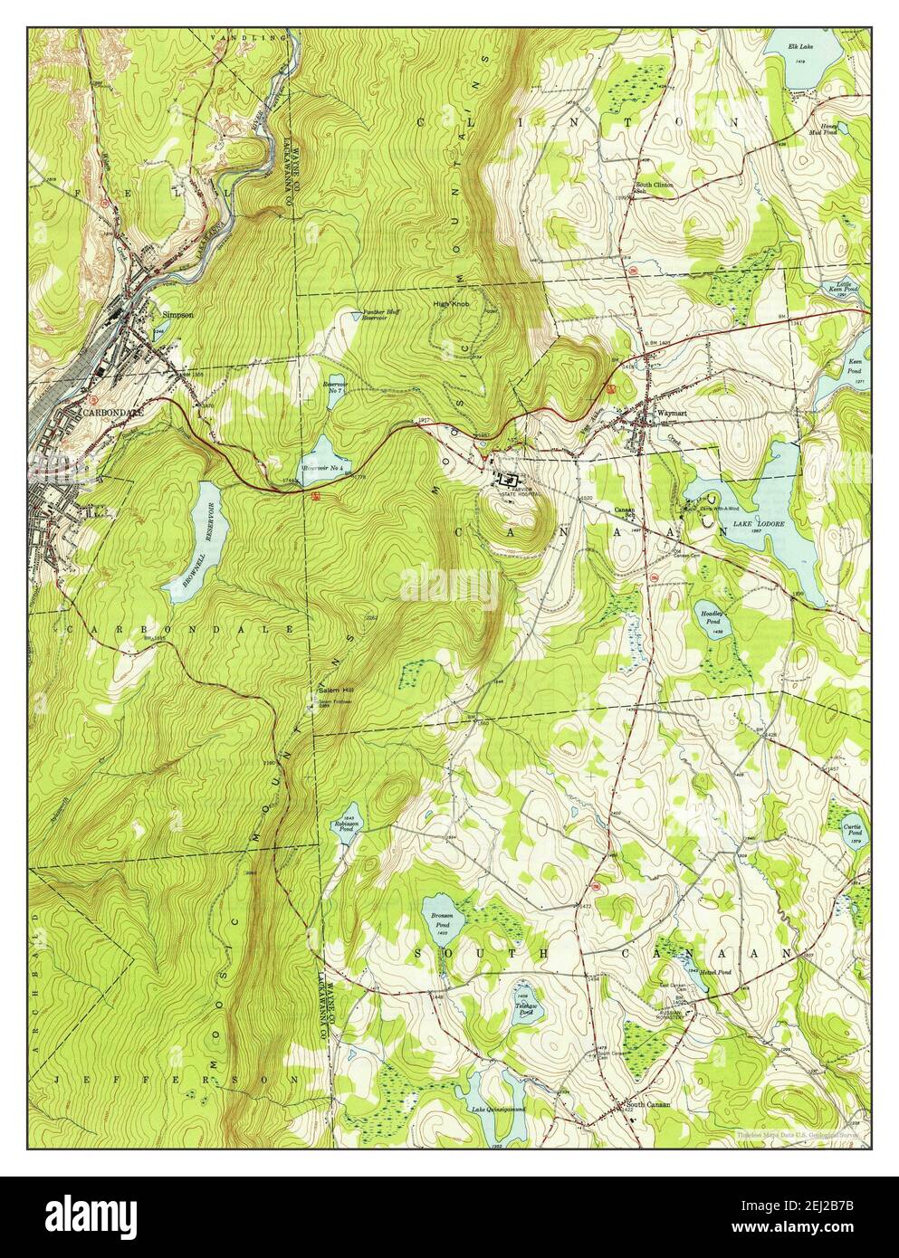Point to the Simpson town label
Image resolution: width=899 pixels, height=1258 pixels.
[177, 315]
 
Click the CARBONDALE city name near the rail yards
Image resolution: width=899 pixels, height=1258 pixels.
[113, 411]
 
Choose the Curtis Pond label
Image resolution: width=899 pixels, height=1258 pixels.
[852, 830]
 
